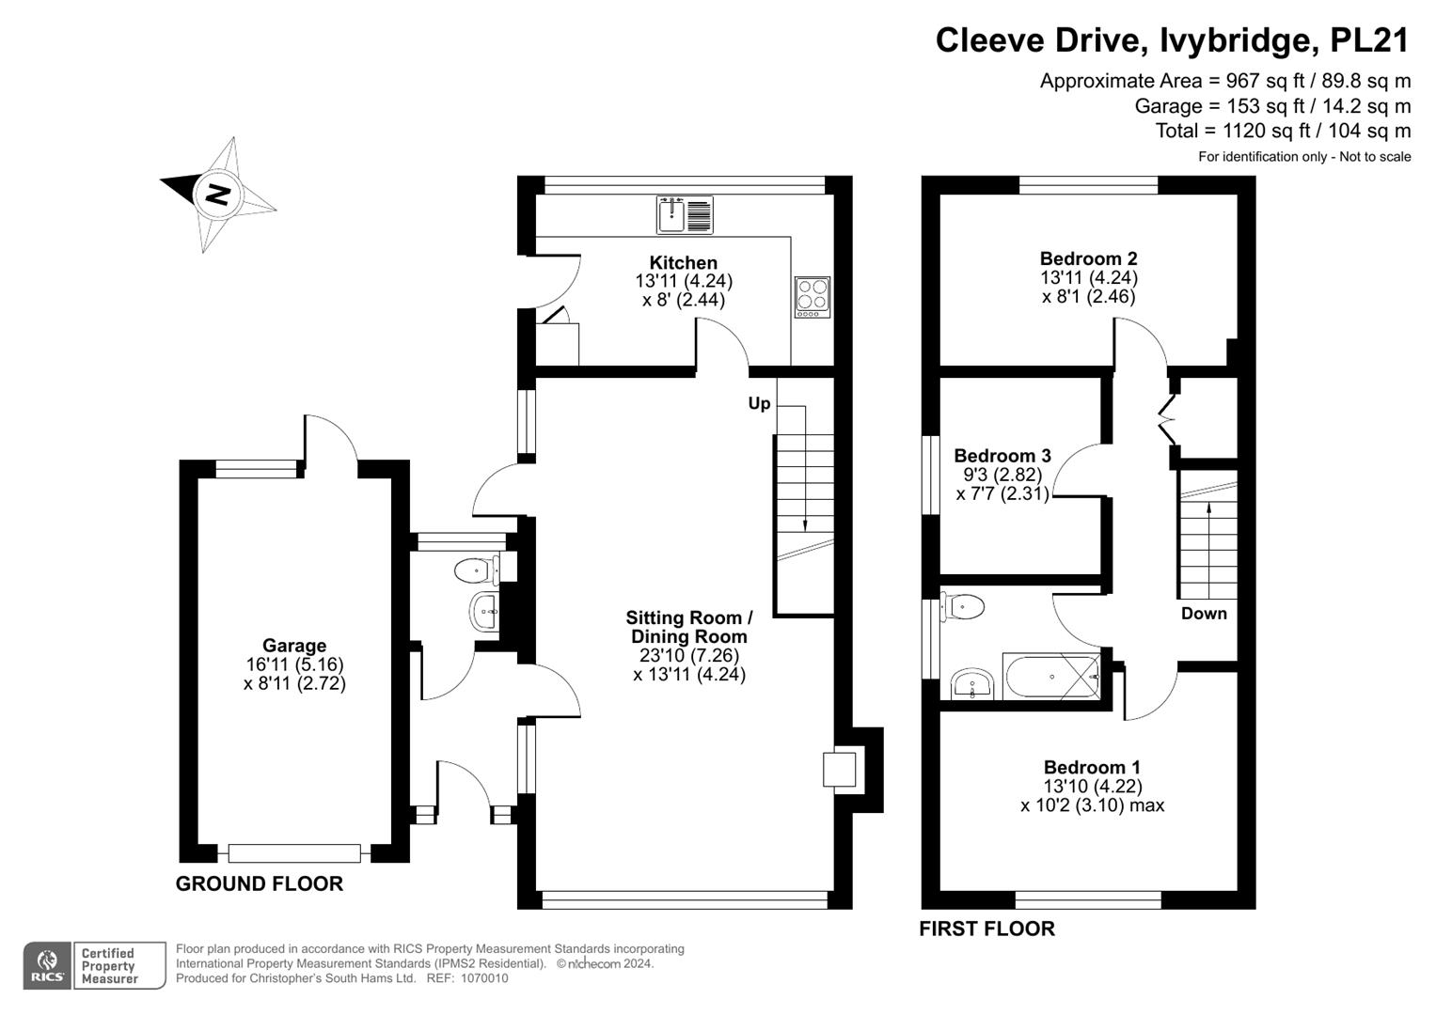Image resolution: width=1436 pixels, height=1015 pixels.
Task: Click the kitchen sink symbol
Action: point(684,214)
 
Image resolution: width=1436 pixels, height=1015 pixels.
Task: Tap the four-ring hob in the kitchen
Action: point(812,296)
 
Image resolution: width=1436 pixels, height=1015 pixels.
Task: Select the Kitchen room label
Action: point(684,262)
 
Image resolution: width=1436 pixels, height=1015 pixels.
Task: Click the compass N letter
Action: point(217,195)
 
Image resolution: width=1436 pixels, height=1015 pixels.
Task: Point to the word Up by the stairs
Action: point(759,403)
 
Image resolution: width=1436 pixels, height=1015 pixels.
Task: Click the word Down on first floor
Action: point(1204,613)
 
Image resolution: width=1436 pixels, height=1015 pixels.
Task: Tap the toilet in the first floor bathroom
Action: point(964,607)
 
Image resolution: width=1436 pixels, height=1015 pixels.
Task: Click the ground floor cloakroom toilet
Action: point(474,570)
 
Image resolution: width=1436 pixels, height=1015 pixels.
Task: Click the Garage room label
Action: point(294,646)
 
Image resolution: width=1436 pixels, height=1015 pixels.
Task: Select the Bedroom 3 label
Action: point(1002,456)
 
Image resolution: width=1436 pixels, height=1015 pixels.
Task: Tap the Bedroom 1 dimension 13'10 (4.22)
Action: point(1093,786)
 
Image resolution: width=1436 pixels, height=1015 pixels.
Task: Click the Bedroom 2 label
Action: point(1088,258)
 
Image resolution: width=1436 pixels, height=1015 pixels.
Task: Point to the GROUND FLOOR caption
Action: point(260,883)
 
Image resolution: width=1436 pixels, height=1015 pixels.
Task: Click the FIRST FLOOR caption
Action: point(986,929)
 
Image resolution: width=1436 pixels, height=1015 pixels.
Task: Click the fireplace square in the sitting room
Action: point(839,769)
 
